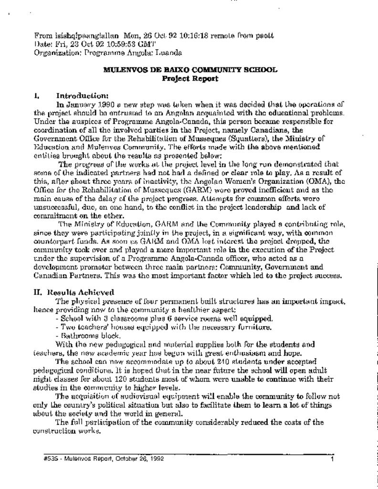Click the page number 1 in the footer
pyautogui.click(x=331, y=458)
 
